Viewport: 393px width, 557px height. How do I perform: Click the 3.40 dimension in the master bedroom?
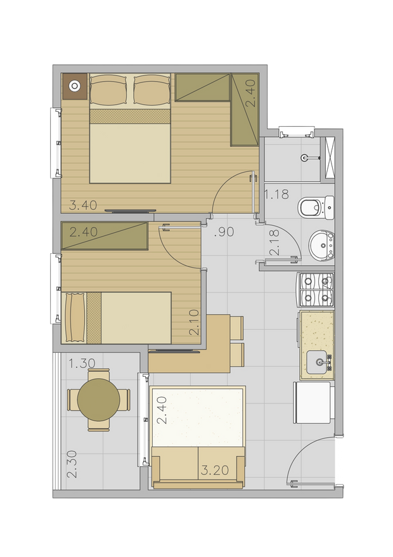[82, 206]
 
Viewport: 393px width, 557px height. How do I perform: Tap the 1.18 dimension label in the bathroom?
[276, 194]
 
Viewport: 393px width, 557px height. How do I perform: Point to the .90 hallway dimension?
[224, 232]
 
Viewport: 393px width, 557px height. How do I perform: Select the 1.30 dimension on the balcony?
[82, 364]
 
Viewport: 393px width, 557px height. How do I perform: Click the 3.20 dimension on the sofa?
[215, 470]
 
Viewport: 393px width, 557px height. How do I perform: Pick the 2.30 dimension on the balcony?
[72, 464]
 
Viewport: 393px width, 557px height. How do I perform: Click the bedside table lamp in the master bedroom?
[75, 86]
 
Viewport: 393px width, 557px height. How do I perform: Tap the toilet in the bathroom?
[316, 207]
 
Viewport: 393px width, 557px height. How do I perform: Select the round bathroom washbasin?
[321, 245]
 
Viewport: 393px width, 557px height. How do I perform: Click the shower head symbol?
[306, 158]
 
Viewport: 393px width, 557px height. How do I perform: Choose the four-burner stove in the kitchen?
[315, 290]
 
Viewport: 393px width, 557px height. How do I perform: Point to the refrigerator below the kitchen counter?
[314, 403]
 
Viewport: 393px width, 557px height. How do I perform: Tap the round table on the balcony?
[99, 400]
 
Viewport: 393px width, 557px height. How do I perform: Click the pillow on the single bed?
[74, 318]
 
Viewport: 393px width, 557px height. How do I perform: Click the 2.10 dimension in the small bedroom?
[194, 322]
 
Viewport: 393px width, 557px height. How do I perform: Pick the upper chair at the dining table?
[237, 327]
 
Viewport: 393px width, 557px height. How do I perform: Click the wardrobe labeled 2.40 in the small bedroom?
[105, 236]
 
